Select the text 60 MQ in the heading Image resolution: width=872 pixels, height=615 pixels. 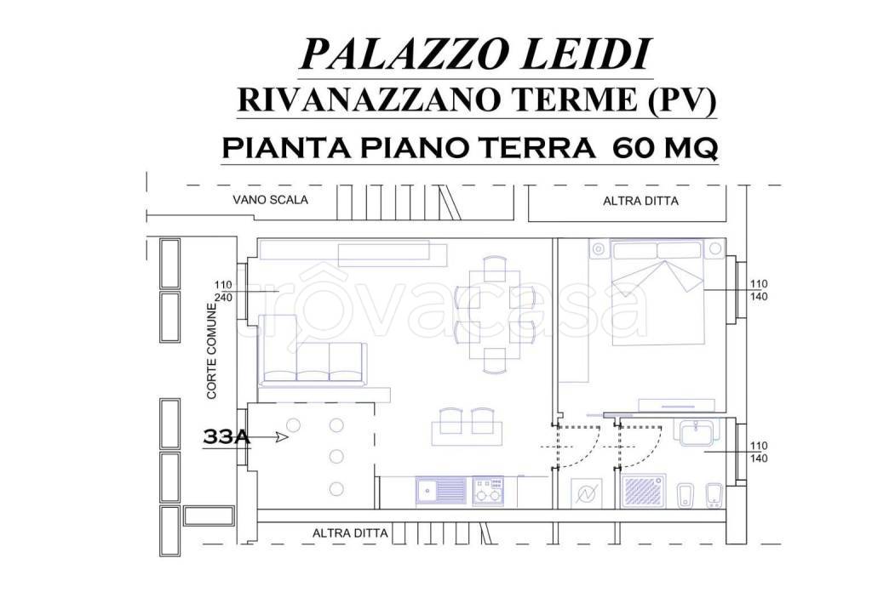pos(664,148)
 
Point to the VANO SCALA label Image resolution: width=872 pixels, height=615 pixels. pos(270,201)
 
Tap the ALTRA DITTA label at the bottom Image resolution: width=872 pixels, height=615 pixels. pos(350,533)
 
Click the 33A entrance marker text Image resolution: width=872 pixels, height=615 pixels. pos(226,437)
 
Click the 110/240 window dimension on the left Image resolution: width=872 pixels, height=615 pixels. pos(223,291)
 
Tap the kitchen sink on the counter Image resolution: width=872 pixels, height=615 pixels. pos(440,490)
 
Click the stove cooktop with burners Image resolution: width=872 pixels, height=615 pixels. pos(488,490)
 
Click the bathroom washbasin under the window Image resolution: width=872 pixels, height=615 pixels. pos(698,432)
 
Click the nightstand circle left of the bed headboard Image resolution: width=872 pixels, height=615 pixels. pos(599,249)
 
